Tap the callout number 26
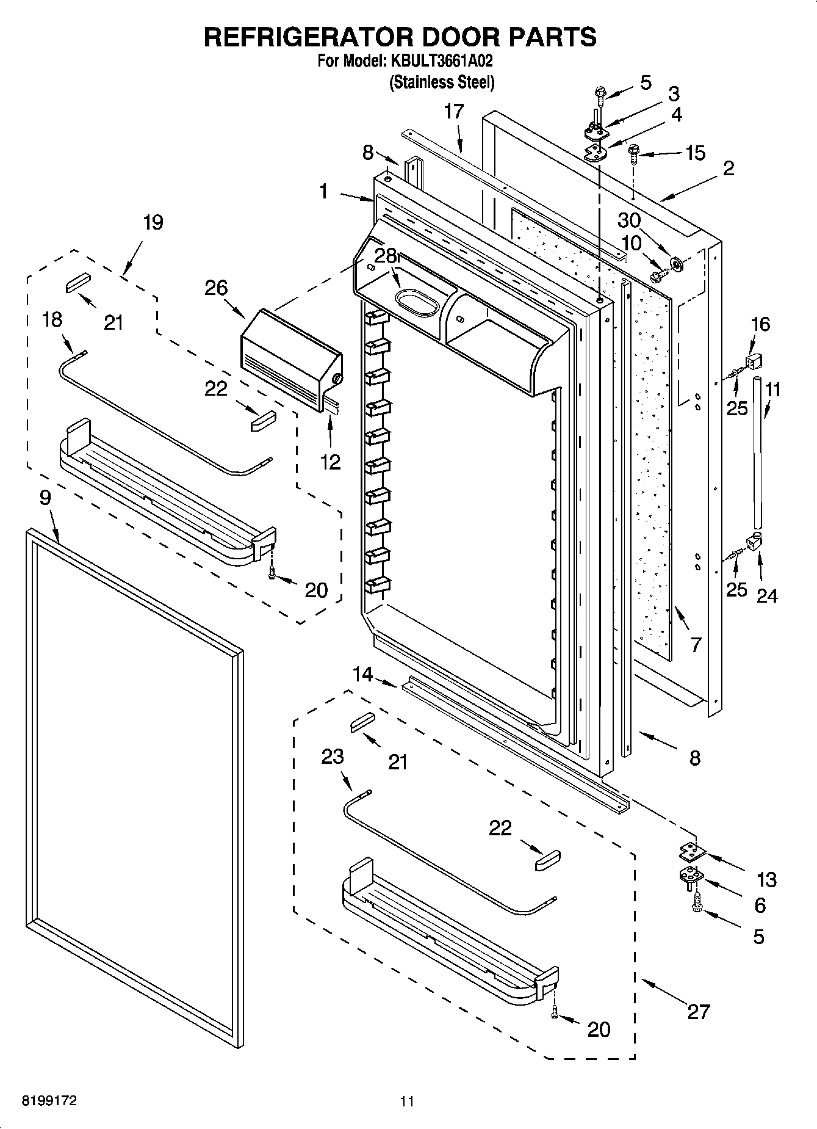pos(216,288)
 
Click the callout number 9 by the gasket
pos(45,498)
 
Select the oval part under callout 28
pos(417,303)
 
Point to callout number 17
pos(454,112)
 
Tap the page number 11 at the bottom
pos(407,1102)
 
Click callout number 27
pos(699,1011)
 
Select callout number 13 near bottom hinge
pos(766,879)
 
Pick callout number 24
pos(766,595)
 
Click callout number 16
pos(760,324)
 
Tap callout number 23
pos(333,757)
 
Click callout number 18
pos(52,319)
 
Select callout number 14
pos(362,674)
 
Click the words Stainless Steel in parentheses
pos(442,82)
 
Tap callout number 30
pos(629,220)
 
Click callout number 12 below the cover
pos(330,462)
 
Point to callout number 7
pos(696,645)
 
